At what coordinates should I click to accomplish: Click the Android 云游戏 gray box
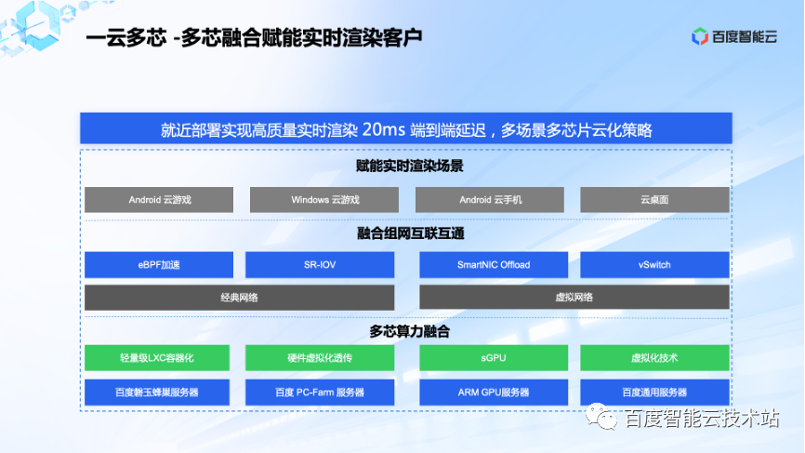159,200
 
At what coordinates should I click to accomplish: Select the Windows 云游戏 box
324,200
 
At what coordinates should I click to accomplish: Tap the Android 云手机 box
489,200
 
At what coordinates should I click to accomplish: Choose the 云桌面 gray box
654,200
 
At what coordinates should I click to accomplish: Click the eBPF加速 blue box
159,265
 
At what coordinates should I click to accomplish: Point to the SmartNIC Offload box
494,265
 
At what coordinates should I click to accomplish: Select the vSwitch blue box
654,265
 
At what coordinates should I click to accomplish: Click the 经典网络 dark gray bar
239,298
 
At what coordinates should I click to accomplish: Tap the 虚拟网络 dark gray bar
574,298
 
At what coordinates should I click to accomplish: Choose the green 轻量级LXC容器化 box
159,358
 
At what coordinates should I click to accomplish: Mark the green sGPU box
494,358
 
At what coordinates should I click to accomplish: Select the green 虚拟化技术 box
654,358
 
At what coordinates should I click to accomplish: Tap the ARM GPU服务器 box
494,392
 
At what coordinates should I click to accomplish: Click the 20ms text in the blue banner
389,129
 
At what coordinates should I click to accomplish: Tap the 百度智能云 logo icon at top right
700,36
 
